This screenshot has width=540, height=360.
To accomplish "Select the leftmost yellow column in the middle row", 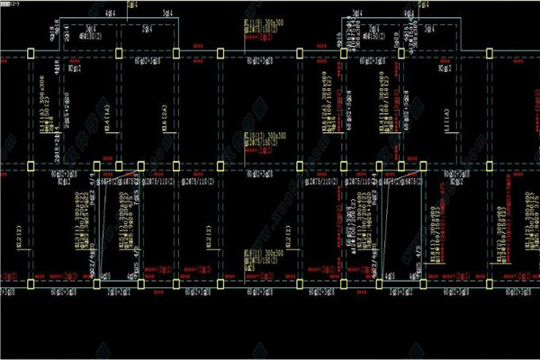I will (x=30, y=168).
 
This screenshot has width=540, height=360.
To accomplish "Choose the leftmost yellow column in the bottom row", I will (x=30, y=284).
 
